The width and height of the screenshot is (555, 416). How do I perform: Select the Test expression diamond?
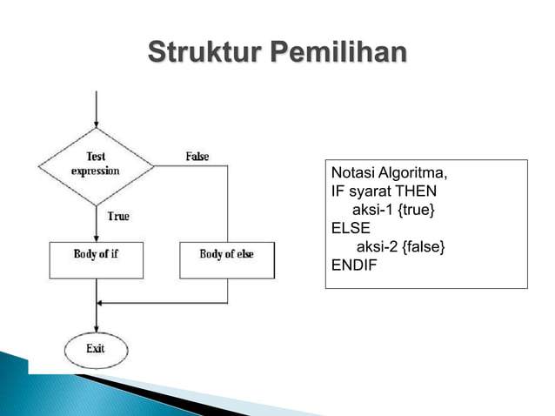pyautogui.click(x=96, y=164)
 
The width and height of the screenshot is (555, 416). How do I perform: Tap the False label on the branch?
pyautogui.click(x=197, y=157)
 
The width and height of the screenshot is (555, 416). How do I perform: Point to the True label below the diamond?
pyautogui.click(x=118, y=216)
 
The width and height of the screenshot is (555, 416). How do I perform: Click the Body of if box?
pyautogui.click(x=96, y=258)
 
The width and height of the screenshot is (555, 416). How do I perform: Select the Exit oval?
pyautogui.click(x=96, y=348)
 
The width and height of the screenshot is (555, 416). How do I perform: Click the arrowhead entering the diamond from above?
pyautogui.click(x=96, y=124)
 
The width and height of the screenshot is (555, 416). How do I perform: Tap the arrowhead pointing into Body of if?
pyautogui.click(x=96, y=237)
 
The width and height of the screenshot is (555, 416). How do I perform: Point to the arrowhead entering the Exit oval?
pyautogui.click(x=96, y=326)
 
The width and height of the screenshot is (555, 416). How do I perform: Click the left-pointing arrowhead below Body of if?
pyautogui.click(x=103, y=302)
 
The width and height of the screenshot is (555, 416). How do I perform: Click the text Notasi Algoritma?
pyautogui.click(x=389, y=172)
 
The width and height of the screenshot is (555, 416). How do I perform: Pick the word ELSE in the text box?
pyautogui.click(x=351, y=229)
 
